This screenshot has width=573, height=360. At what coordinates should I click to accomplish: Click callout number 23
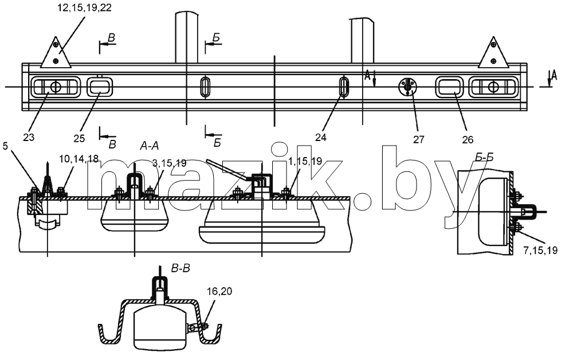point(29,138)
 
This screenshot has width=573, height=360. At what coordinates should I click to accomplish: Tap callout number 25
point(79,138)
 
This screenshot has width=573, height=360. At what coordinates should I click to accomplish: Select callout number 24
point(320,138)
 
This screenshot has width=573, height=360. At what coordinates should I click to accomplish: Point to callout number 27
point(419,139)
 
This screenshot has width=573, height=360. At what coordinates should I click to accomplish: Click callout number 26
point(468,139)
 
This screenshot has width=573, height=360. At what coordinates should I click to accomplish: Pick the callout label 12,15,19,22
point(84,7)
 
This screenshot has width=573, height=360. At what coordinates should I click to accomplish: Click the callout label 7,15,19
point(540,251)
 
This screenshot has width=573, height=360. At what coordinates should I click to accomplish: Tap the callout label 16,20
point(219,291)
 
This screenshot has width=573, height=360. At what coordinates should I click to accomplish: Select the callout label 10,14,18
point(79,159)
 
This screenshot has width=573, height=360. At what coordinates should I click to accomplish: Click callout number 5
point(5,146)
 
